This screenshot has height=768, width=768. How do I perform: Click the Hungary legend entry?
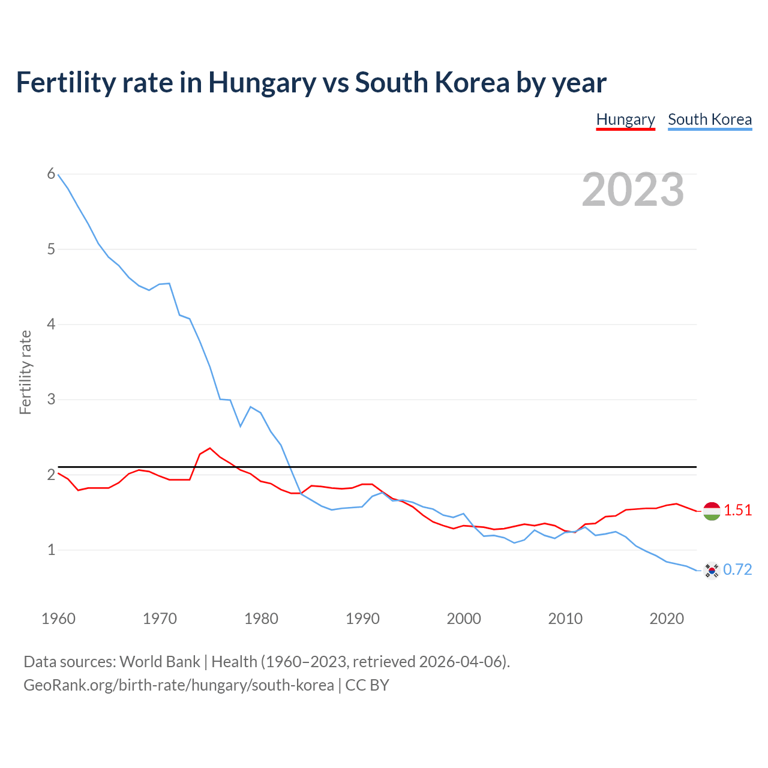625,119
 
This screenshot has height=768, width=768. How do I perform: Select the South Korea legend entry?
710,119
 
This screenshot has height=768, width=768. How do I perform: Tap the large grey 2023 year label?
633,190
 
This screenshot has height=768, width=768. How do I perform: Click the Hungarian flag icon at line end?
712,511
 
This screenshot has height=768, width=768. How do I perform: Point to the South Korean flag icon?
712,570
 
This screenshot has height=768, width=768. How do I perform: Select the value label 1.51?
737,510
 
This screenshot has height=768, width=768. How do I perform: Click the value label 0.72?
737,569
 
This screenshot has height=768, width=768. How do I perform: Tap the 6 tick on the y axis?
51,174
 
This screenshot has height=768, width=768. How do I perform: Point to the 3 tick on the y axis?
51,399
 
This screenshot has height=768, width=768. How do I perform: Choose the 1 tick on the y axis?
51,550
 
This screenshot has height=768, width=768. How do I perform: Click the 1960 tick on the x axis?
58,619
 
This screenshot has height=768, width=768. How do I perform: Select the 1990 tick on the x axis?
362,619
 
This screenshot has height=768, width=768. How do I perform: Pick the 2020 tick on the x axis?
667,619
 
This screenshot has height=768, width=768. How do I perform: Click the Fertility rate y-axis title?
25,372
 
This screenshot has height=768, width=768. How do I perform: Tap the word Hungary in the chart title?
262,83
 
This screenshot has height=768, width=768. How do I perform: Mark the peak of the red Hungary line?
210,448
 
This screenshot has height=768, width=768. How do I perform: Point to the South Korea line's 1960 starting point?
58,175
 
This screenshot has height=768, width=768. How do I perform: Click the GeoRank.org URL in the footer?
178,685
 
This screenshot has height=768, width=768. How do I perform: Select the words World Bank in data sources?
160,662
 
